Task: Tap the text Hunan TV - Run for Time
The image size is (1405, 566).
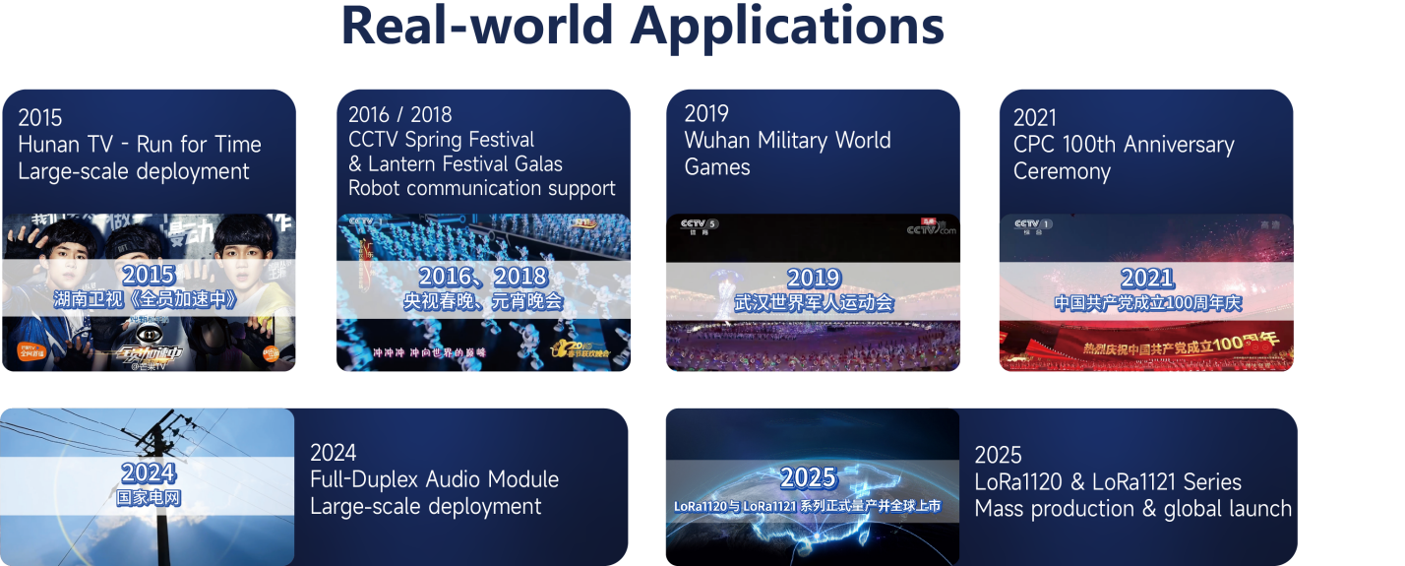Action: (139, 145)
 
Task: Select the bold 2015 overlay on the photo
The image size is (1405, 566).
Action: (149, 276)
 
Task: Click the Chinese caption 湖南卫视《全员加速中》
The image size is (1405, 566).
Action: (149, 300)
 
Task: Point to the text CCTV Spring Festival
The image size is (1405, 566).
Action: (441, 140)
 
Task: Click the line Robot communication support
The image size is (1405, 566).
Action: (481, 188)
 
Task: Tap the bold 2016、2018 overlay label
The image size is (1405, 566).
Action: (482, 277)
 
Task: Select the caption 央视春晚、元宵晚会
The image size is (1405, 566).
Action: (482, 301)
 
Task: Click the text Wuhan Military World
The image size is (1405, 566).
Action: (787, 140)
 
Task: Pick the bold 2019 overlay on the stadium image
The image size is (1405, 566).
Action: (813, 278)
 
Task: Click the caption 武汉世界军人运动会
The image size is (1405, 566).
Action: (813, 302)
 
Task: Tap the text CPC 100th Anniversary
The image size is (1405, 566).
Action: (1123, 145)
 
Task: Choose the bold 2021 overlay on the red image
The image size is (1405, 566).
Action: (1147, 278)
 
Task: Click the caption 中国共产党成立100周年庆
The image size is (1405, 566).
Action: (1147, 303)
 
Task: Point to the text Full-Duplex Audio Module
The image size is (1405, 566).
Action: (434, 479)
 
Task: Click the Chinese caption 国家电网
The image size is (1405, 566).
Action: (149, 498)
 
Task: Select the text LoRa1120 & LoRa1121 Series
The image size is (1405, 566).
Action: (1108, 482)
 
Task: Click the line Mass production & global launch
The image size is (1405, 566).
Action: (1132, 509)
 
